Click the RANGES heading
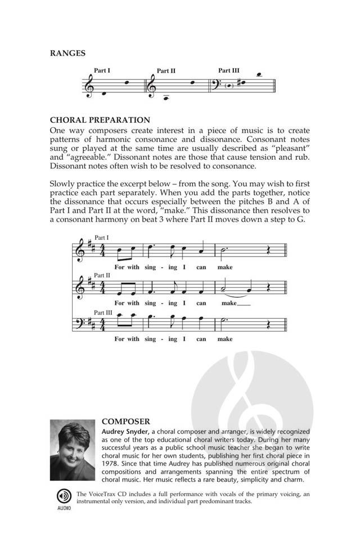67,53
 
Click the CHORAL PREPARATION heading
100,120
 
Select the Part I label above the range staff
102,71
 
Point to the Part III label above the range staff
228,70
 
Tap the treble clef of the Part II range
151,86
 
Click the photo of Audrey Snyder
73,450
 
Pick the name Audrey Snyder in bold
126,431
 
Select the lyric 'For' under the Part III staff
119,339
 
